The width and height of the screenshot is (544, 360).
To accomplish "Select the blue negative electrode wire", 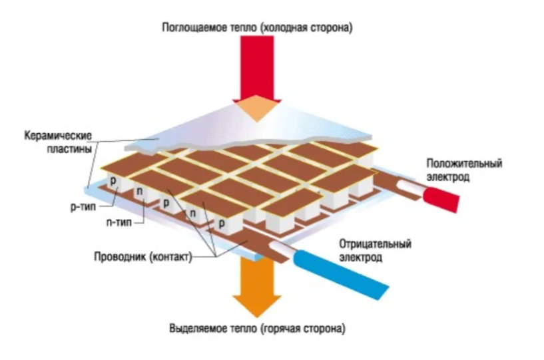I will (347, 270).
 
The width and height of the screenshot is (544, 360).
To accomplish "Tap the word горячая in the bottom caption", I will (290, 329).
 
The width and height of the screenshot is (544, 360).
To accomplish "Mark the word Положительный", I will (463, 164).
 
